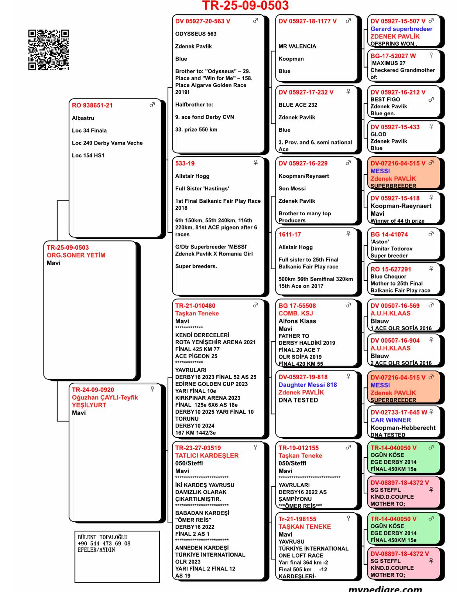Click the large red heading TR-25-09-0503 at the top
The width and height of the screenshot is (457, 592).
(245, 6)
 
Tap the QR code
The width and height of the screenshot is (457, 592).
(48, 50)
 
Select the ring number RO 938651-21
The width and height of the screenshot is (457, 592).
(92, 105)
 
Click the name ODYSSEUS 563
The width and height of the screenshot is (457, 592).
(196, 34)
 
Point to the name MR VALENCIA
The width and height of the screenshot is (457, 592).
(297, 46)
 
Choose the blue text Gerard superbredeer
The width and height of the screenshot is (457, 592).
(401, 29)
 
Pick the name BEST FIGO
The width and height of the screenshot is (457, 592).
(385, 99)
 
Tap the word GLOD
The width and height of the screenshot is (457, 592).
(378, 134)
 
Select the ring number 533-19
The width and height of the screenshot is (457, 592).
(185, 163)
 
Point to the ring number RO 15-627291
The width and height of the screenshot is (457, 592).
(391, 269)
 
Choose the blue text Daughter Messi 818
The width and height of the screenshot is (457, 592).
(307, 385)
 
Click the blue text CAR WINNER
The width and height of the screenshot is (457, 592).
(391, 420)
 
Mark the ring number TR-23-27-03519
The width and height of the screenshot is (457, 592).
(198, 448)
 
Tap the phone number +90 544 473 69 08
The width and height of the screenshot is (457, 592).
(104, 544)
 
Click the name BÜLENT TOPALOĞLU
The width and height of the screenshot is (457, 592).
(102, 537)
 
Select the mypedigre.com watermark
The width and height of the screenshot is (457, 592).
(385, 588)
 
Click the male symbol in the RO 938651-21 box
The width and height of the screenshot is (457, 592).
(152, 105)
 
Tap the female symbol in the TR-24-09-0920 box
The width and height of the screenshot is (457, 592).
(152, 389)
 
